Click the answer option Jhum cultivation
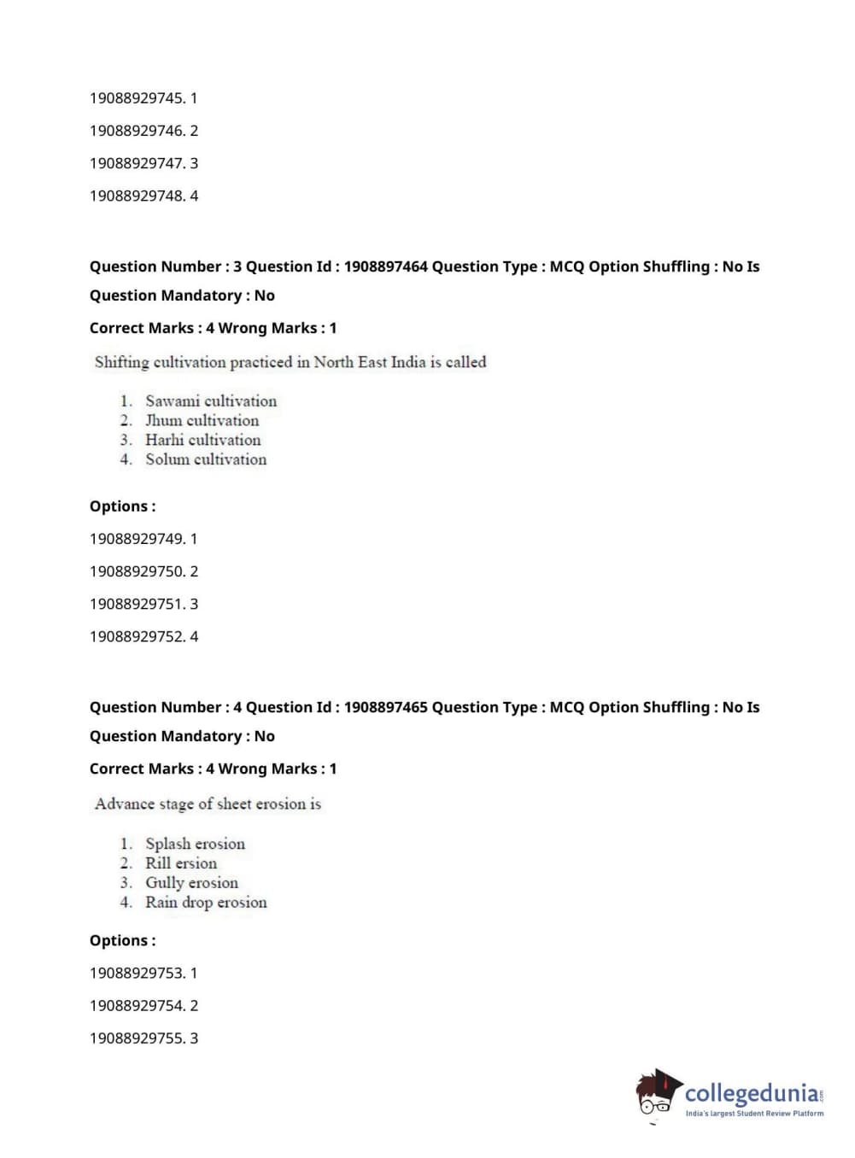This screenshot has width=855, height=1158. pyautogui.click(x=202, y=420)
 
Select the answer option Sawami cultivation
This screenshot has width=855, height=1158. pyautogui.click(x=210, y=401)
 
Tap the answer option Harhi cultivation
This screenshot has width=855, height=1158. pyautogui.click(x=202, y=440)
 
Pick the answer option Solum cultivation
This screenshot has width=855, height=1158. pyautogui.click(x=205, y=459)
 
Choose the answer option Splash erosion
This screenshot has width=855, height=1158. pyautogui.click(x=195, y=844)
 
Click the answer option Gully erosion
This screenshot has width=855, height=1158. pyautogui.click(x=191, y=883)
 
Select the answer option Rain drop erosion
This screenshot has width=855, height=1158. pyautogui.click(x=205, y=903)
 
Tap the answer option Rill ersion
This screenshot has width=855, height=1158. pyautogui.click(x=181, y=863)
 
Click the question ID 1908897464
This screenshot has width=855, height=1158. pyautogui.click(x=385, y=266)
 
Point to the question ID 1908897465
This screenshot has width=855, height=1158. pyautogui.click(x=385, y=707)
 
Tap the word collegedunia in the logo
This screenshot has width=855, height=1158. pyautogui.click(x=751, y=1093)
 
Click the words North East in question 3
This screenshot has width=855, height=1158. pyautogui.click(x=350, y=362)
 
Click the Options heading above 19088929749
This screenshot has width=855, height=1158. pyautogui.click(x=122, y=506)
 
